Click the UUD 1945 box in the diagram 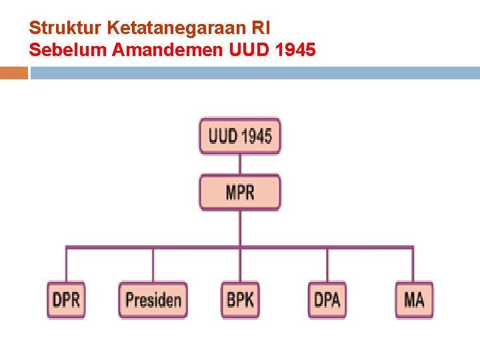click(x=240, y=136)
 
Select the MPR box click(x=240, y=192)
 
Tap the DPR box click(x=66, y=299)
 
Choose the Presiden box click(x=153, y=299)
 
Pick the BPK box click(x=240, y=299)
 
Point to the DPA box click(x=327, y=299)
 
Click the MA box click(x=414, y=299)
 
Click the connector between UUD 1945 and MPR click(x=240, y=164)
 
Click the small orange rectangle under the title click(x=14, y=73)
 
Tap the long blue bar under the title click(x=255, y=73)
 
